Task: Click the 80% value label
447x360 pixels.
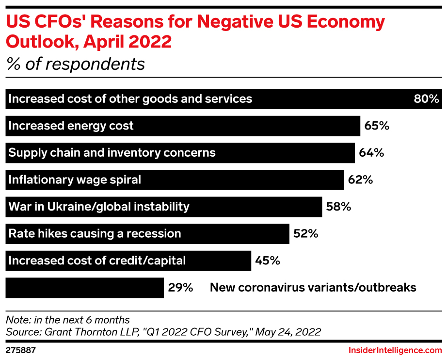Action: (426, 99)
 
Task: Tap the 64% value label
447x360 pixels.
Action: (371, 153)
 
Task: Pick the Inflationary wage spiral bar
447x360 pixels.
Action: (175, 180)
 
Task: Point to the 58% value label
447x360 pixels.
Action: (338, 207)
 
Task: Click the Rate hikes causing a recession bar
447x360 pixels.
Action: (147, 234)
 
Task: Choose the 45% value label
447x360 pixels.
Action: (268, 261)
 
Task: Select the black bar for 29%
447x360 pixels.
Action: (84, 288)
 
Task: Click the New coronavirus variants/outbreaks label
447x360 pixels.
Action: (313, 288)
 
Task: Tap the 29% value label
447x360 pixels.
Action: (180, 288)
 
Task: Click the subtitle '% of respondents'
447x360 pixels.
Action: (75, 64)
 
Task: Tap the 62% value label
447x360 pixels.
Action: (360, 180)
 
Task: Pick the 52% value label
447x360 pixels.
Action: (305, 234)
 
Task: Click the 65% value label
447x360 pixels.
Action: (377, 126)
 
